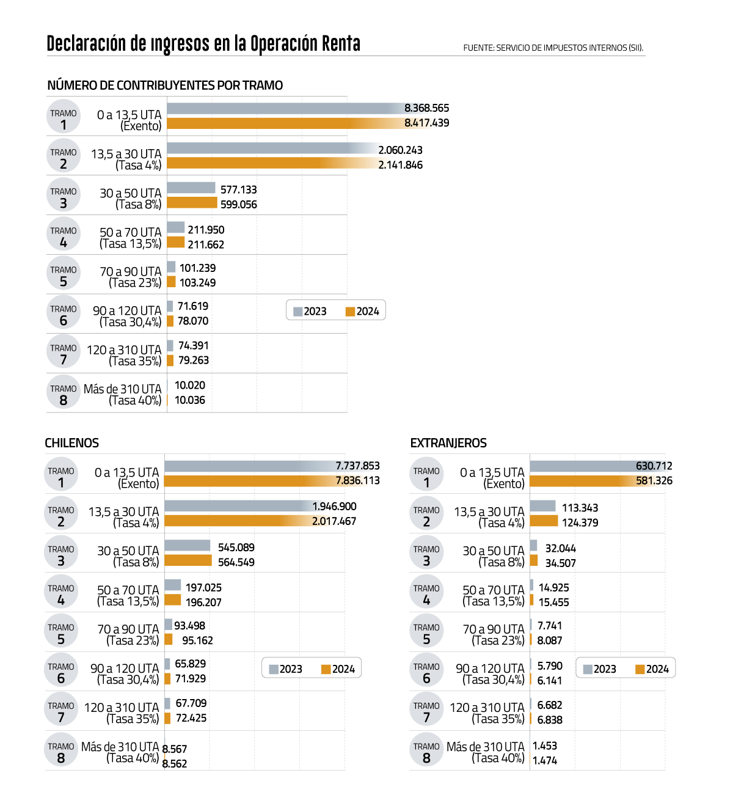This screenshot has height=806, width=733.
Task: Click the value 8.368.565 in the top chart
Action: (426, 108)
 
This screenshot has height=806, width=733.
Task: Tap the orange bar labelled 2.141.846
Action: (269, 163)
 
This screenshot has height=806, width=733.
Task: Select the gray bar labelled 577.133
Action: (191, 188)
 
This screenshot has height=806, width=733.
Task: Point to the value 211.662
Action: (206, 244)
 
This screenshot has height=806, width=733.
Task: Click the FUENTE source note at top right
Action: (553, 48)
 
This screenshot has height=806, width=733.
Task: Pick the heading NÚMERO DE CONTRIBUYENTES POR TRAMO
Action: (165, 86)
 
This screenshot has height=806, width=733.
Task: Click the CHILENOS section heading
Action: (71, 443)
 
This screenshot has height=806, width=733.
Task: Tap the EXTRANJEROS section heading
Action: (448, 443)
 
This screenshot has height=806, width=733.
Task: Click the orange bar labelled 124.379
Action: (544, 521)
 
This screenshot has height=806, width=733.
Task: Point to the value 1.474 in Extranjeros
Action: (545, 760)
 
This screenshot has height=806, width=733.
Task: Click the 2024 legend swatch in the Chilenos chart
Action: (326, 670)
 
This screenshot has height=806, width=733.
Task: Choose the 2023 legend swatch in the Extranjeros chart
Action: (588, 670)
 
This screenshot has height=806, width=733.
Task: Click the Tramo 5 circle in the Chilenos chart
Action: (61, 632)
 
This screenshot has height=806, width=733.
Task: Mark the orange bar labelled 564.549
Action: (188, 560)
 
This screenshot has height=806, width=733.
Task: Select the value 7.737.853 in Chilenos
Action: (357, 466)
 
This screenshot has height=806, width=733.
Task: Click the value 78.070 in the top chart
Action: (193, 321)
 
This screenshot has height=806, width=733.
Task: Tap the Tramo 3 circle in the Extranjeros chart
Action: (426, 554)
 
